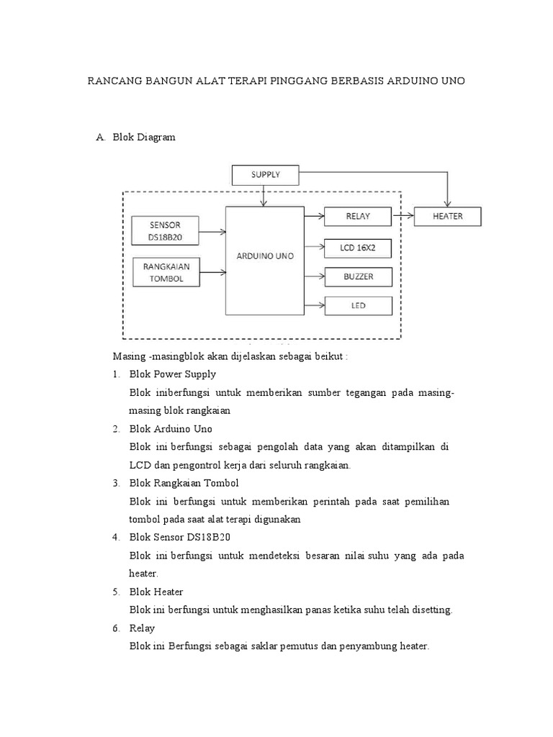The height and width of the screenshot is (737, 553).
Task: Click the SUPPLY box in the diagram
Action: pyautogui.click(x=264, y=174)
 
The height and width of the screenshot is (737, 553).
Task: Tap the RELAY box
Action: pyautogui.click(x=358, y=216)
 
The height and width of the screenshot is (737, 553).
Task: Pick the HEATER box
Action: pyautogui.click(x=447, y=216)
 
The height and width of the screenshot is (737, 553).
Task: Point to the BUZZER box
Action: pyautogui.click(x=358, y=276)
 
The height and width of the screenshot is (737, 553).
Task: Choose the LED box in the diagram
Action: pyautogui.click(x=358, y=305)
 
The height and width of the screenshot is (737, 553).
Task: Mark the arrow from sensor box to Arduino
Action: pyautogui.click(x=212, y=232)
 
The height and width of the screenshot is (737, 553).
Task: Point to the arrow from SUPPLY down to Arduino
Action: pyautogui.click(x=264, y=195)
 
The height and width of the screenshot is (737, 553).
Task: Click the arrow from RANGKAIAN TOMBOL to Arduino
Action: pyautogui.click(x=212, y=273)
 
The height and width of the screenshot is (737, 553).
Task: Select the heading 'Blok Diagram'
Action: pyautogui.click(x=144, y=137)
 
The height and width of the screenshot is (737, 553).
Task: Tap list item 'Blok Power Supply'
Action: pyautogui.click(x=172, y=374)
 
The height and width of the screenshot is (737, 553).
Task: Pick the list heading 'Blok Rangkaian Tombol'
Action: pyautogui.click(x=184, y=483)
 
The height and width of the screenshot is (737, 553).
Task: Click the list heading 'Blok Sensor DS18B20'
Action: pyautogui.click(x=179, y=538)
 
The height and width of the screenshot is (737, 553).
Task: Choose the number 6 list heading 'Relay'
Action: pyautogui.click(x=142, y=628)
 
